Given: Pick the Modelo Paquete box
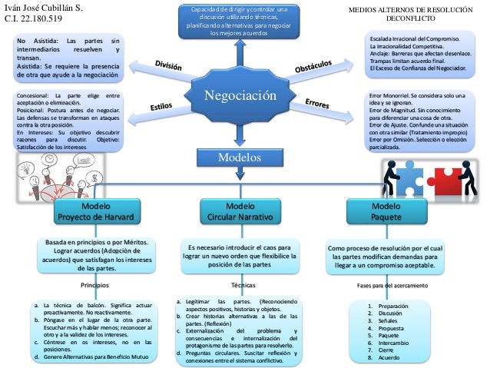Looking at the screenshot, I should pos(380,211).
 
